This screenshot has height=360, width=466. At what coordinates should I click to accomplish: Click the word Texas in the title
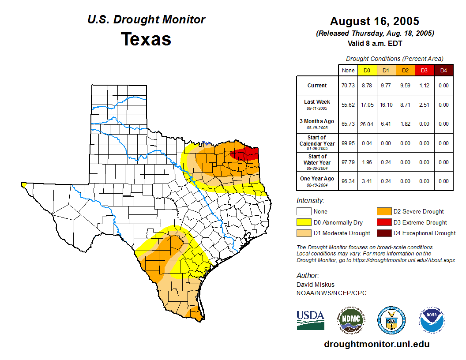[x=146, y=39]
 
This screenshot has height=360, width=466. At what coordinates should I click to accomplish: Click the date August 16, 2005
[x=375, y=21]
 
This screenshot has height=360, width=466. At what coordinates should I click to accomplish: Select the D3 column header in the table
[x=424, y=70]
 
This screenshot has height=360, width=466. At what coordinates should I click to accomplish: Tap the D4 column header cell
[x=443, y=70]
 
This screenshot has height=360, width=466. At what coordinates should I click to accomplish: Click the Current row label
[x=317, y=86]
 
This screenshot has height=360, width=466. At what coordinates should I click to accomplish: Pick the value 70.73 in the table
[x=348, y=86]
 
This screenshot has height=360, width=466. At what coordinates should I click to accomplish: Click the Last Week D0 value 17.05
[x=367, y=105]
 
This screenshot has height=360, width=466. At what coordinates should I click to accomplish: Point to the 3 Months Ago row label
[x=317, y=124]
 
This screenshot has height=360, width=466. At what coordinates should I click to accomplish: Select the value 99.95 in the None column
[x=348, y=143]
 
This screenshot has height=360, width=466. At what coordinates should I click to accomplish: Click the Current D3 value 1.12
[x=424, y=86]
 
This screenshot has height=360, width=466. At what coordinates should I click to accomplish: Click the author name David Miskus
[x=316, y=285]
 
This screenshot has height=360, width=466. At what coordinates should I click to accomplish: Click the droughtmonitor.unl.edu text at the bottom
[x=376, y=344]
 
